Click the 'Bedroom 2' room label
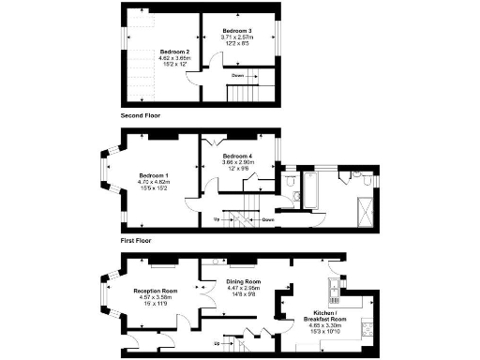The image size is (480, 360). click(175, 51)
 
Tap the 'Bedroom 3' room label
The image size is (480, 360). click(237, 31)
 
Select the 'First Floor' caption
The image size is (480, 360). click(137, 240)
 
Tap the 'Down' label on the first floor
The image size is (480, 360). click(268, 220)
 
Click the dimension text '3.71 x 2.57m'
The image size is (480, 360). click(237, 37)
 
